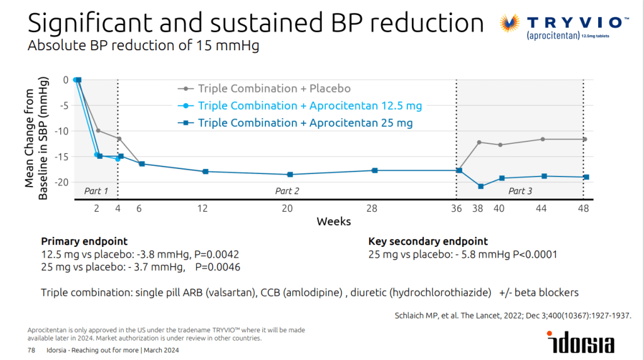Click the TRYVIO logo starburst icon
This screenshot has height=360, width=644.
tap(509, 23)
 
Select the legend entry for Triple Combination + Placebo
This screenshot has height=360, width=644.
tap(264, 88)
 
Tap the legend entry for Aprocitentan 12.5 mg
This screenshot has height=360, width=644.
tap(300, 106)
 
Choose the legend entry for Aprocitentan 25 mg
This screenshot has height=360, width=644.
tap(295, 123)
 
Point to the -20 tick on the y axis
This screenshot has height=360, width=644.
tap(62, 182)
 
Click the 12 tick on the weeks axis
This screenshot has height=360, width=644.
tap(203, 209)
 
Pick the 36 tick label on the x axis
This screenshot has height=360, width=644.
tap(457, 209)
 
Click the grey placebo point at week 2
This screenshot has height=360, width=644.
tap(98, 131)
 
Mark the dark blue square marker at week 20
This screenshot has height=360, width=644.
tap(290, 175)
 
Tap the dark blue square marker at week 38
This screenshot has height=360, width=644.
tap(481, 187)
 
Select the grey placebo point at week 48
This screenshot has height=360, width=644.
tap(585, 139)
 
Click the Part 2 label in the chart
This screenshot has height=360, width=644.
tap(287, 191)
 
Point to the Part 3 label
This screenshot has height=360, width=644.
tap(520, 191)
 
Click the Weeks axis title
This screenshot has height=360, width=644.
tap(333, 222)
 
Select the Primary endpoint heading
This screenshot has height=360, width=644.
tap(84, 241)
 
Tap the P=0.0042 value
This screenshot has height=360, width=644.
tap(216, 254)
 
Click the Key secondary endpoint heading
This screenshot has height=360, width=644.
tap(428, 241)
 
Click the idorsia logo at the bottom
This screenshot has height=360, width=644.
tap(580, 342)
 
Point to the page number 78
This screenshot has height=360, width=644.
tap(31, 350)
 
